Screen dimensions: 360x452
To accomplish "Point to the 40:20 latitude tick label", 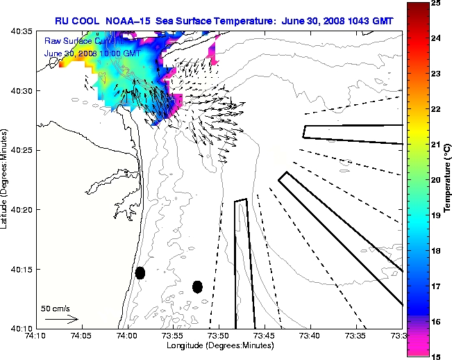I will [x=20, y=209].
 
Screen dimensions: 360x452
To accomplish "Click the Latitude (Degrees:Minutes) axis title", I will [x=6, y=180].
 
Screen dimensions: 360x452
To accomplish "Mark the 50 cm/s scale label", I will [x=56, y=308].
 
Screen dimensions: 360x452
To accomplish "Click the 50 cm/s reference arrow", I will [x=61, y=319].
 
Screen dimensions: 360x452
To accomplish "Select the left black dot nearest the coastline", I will [x=140, y=272].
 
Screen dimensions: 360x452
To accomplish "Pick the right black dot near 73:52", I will [x=197, y=286].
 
